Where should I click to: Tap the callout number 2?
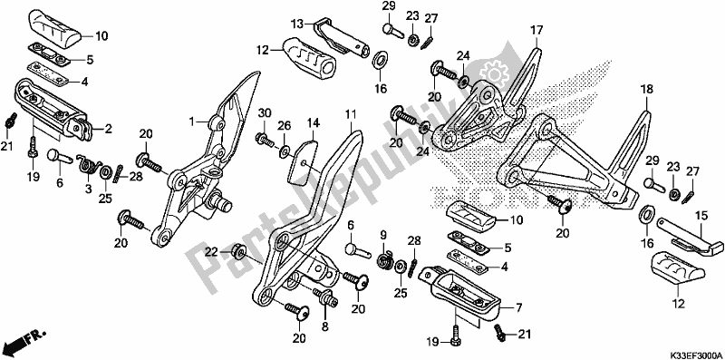[x=108, y=130]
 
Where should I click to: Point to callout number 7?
[x=506, y=307]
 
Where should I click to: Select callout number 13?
[x=296, y=24]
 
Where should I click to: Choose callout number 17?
[x=536, y=31]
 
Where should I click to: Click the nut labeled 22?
[x=238, y=252]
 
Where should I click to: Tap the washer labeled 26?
[x=285, y=149]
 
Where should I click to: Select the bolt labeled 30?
[x=264, y=138]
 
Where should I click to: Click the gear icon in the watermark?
[x=493, y=72]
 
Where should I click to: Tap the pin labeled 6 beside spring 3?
[x=59, y=156]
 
